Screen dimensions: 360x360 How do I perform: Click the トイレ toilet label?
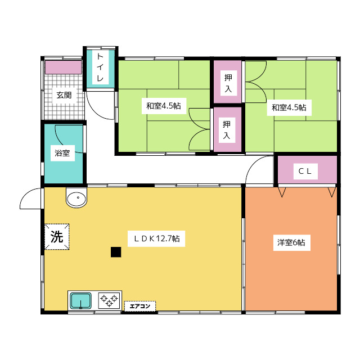tap(100, 67)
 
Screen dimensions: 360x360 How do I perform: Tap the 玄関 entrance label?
tap(64, 95)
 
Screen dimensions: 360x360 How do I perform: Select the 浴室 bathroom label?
tap(62, 153)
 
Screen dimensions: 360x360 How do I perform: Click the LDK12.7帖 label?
tap(156, 238)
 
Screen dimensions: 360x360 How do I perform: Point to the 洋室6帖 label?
tap(291, 242)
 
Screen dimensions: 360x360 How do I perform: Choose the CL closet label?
tap(305, 171)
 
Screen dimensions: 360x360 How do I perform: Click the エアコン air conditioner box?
tap(140, 306)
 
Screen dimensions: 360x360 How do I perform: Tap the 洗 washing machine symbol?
tap(57, 237)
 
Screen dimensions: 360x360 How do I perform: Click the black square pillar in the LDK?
tap(116, 252)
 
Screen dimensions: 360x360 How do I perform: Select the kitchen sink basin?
tap(80, 301)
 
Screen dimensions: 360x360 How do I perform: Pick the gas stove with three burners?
tap(109, 300)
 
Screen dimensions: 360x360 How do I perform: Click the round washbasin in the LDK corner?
tap(76, 197)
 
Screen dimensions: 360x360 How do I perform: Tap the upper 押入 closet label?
tap(228, 83)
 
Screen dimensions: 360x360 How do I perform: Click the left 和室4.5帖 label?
tap(164, 106)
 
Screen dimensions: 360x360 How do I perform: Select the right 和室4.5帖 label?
tap(289, 107)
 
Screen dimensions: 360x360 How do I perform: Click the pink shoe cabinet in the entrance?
tap(64, 67)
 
